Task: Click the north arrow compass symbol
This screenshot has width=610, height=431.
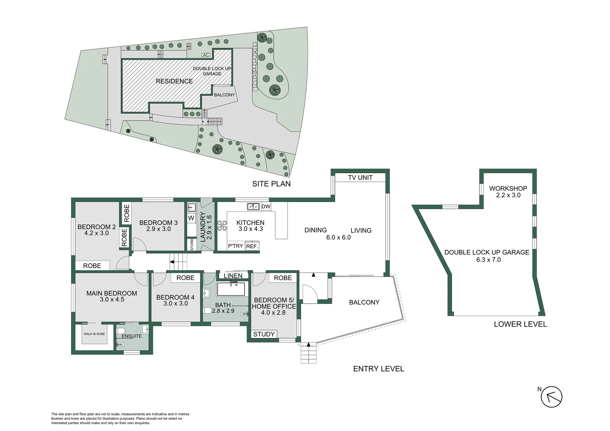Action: click(551, 397)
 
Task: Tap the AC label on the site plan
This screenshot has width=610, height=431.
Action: click(206, 55)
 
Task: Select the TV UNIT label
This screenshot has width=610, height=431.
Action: click(360, 178)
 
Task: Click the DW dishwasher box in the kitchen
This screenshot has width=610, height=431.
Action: click(266, 206)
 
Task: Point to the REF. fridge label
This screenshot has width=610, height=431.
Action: click(252, 246)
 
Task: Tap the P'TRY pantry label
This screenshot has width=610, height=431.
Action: click(236, 246)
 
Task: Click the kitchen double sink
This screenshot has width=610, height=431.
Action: click(253, 207)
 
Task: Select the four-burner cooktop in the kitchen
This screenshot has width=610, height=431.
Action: click(222, 225)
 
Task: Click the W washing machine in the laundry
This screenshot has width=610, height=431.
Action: click(191, 218)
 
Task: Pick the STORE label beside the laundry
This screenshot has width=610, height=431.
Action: click(192, 244)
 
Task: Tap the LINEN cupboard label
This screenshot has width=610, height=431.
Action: click(233, 276)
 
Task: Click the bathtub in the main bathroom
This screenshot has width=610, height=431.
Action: click(231, 289)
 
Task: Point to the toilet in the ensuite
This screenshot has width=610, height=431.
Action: click(121, 331)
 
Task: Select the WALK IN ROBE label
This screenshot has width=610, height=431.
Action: click(94, 334)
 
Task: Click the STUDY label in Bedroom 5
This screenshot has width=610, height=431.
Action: click(263, 334)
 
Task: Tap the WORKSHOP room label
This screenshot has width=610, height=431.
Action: click(508, 188)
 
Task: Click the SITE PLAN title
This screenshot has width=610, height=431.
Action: click(271, 184)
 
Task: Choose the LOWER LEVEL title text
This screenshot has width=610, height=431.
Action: click(521, 324)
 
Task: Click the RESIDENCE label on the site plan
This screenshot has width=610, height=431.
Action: click(174, 81)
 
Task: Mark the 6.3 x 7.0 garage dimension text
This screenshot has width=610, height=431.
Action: click(489, 260)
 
